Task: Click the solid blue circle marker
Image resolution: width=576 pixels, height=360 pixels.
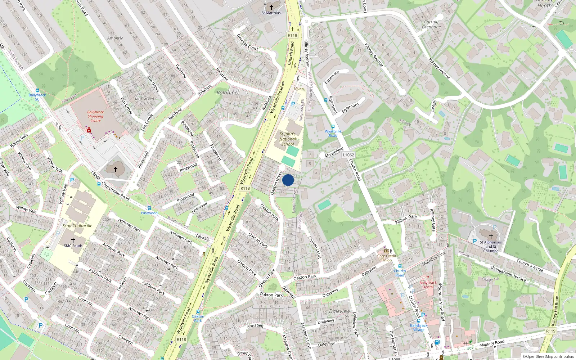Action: point(288,180)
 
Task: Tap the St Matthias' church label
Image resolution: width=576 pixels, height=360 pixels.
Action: point(271,13)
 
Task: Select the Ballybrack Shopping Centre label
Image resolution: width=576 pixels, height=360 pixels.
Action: point(95,116)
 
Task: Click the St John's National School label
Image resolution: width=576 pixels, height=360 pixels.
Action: point(288,139)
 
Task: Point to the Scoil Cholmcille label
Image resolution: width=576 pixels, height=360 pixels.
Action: point(77,226)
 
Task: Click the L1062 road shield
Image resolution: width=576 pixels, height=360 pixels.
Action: point(348,155)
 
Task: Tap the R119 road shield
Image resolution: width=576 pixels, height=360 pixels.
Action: point(550,331)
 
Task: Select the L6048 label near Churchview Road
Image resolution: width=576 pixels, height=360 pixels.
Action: point(95,176)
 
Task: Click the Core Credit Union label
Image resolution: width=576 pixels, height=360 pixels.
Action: point(387,258)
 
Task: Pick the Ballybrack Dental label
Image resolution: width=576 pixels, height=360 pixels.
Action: point(428,285)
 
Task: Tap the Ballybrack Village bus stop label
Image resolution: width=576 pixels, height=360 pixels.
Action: point(419,328)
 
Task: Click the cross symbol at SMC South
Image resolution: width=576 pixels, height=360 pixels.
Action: point(73,240)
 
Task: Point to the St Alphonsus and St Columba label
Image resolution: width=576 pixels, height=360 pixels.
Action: point(491,247)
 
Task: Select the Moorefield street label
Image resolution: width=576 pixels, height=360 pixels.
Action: point(334,153)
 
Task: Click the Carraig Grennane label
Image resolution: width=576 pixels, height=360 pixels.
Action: point(431,24)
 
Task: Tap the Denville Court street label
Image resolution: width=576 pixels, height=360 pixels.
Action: point(247,42)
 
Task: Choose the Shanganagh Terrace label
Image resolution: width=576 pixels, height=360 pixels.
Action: point(508,274)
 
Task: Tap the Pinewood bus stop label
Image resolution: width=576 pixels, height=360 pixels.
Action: point(149,213)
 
